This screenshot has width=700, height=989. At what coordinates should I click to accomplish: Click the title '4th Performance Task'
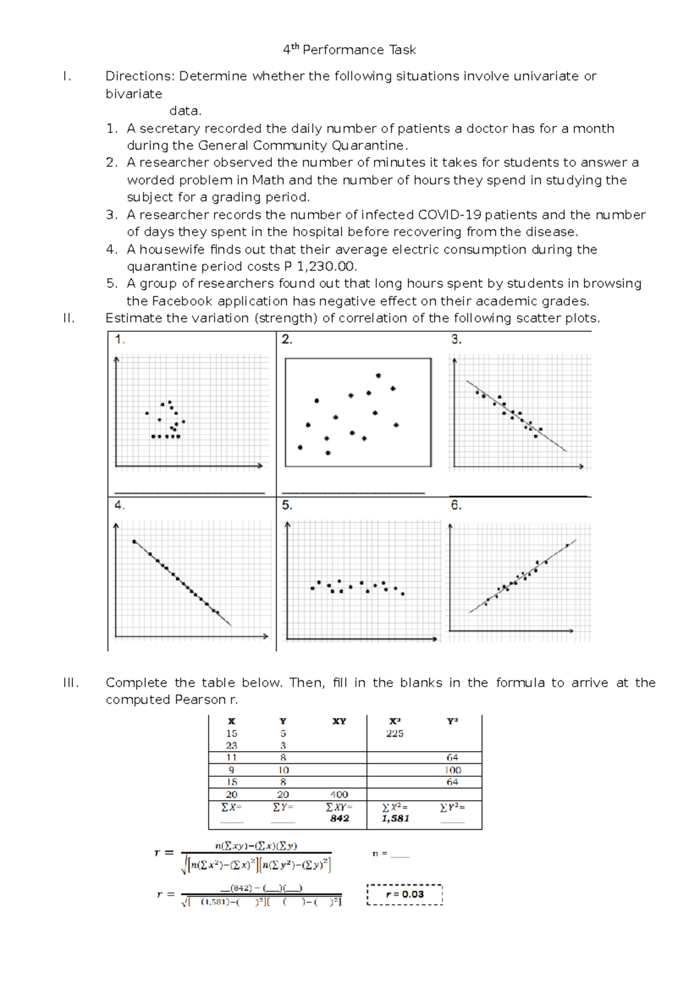(349, 50)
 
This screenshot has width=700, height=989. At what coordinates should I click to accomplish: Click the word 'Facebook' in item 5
(181, 301)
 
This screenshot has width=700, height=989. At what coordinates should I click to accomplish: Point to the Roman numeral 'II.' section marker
(69, 318)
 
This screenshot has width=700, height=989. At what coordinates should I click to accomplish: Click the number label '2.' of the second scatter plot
(287, 339)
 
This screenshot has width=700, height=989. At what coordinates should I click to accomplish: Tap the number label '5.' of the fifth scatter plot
(287, 506)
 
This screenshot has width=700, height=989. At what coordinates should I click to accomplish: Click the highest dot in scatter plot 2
(378, 376)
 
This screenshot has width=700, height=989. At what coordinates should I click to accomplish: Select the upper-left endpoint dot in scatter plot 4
(134, 542)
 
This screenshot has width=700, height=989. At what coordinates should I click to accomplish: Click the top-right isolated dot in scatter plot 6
(567, 546)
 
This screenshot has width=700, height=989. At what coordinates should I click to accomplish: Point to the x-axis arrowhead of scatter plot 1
(260, 466)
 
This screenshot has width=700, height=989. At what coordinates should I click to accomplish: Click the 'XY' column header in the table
(339, 721)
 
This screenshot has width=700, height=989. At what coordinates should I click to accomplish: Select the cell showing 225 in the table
(395, 734)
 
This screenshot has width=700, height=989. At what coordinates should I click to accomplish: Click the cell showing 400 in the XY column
(339, 795)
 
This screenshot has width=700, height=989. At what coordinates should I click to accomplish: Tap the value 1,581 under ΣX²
(395, 819)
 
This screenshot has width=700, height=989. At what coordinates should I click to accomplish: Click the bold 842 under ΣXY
(339, 819)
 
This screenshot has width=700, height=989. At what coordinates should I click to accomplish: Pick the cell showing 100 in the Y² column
(453, 770)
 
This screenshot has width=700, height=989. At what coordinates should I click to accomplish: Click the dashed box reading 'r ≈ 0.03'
(405, 895)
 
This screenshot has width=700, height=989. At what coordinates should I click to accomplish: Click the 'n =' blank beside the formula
(400, 854)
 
